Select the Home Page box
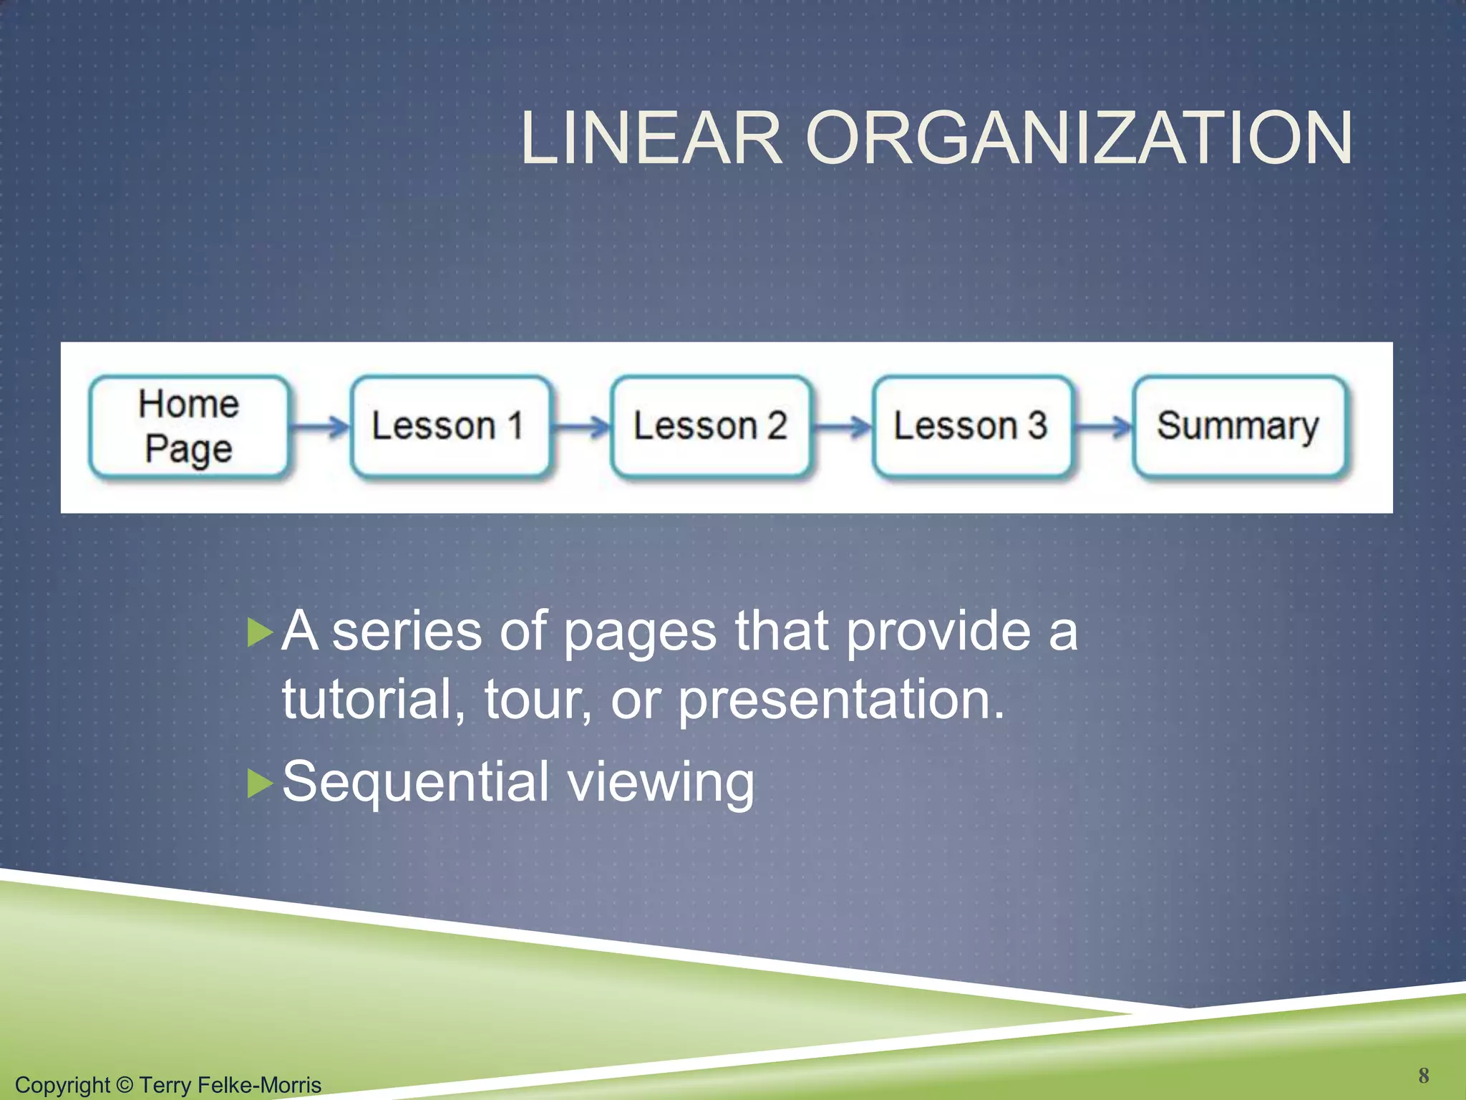(189, 427)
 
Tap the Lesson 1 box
(450, 427)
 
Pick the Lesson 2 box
(710, 427)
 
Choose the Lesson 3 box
(971, 427)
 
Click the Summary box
(1238, 427)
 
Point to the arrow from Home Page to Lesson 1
(319, 428)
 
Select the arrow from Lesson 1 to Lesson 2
(581, 428)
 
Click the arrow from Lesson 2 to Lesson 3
(842, 428)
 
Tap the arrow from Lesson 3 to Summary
(1103, 428)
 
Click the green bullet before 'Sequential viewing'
(260, 783)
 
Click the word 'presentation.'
(841, 700)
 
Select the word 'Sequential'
(415, 782)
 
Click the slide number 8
(1423, 1075)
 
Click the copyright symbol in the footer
(124, 1084)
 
